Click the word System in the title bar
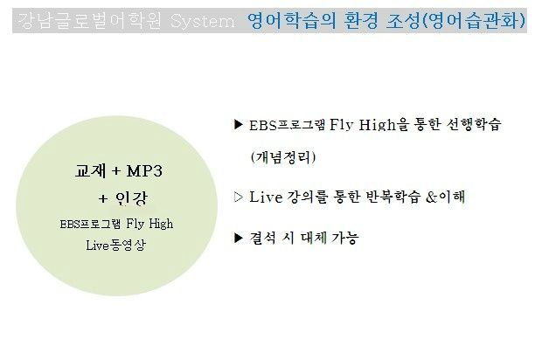pyautogui.click(x=203, y=22)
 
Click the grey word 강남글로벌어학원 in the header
pyautogui.click(x=89, y=20)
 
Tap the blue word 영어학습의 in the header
pyautogui.click(x=292, y=20)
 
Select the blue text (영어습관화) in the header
pyautogui.click(x=474, y=20)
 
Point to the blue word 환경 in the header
pyautogui.click(x=362, y=20)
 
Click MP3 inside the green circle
pyautogui.click(x=144, y=171)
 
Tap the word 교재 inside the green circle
pyautogui.click(x=91, y=170)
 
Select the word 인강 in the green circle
pyautogui.click(x=131, y=198)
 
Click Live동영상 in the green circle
pyautogui.click(x=116, y=245)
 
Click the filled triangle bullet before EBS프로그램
pyautogui.click(x=239, y=124)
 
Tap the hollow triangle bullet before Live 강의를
pyautogui.click(x=239, y=197)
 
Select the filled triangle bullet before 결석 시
pyautogui.click(x=239, y=238)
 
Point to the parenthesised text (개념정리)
pyautogui.click(x=283, y=157)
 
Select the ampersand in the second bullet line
pyautogui.click(x=431, y=197)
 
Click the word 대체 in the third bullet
pyautogui.click(x=314, y=238)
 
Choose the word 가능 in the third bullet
pyautogui.click(x=345, y=238)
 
